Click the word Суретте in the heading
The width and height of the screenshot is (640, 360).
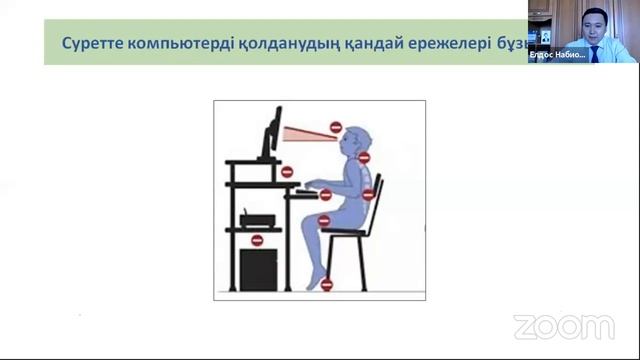(94, 44)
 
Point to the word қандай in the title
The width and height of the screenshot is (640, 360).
(371, 44)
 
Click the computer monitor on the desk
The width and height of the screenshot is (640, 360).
(271, 135)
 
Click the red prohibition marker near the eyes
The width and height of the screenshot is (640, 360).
(336, 127)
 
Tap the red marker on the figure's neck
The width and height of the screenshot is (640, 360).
(364, 157)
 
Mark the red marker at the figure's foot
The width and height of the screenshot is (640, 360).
(326, 285)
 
